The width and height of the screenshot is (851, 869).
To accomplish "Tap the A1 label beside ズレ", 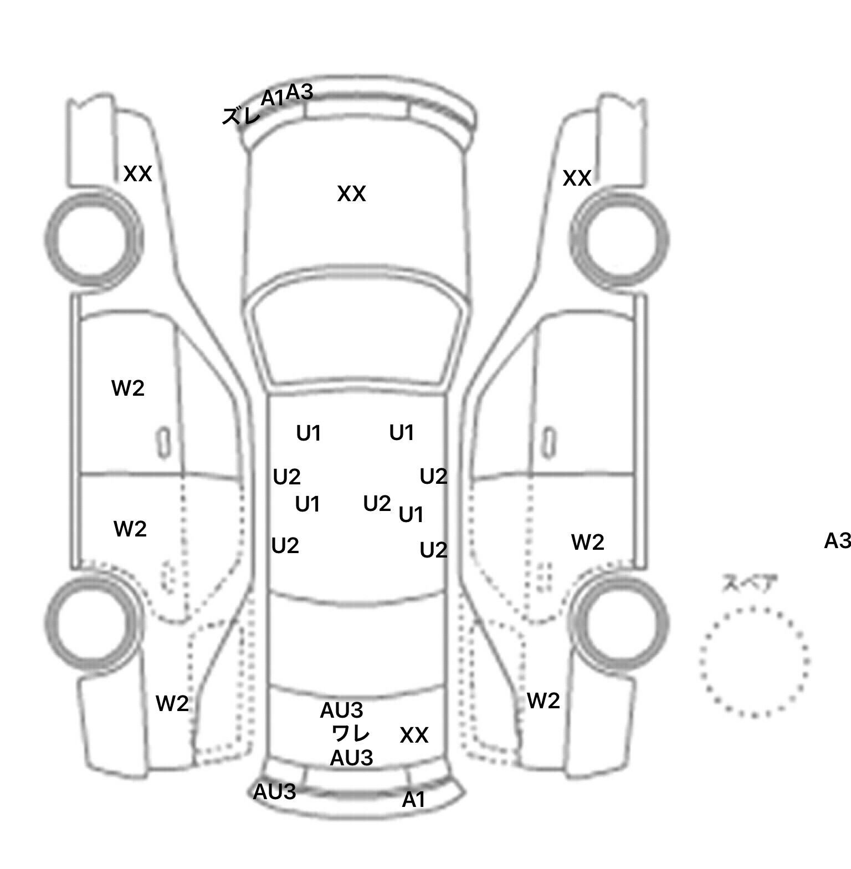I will (x=272, y=98).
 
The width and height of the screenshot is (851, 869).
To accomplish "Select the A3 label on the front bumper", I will (x=300, y=93).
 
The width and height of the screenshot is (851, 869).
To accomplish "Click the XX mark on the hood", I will (x=351, y=194).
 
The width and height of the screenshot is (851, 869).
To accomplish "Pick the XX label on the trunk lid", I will (x=414, y=735).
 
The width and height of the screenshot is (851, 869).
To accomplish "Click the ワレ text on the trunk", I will (x=350, y=734).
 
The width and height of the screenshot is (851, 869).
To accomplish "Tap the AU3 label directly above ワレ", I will (x=341, y=710).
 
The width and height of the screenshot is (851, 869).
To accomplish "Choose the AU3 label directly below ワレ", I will (x=351, y=758).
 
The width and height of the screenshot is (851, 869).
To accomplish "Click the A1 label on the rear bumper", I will (x=413, y=800).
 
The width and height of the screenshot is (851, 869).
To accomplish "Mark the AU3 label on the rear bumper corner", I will (x=274, y=792).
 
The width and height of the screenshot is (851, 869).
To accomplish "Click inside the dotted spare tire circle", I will (x=754, y=661).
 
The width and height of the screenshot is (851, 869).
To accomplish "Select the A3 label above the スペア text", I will (x=837, y=540).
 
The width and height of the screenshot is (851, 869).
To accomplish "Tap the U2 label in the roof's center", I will (x=377, y=503).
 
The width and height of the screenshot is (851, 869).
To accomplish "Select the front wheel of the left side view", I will (x=94, y=239).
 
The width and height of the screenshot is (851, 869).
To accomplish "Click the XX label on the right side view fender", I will (x=577, y=178).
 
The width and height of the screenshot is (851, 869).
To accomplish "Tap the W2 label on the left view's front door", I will (x=128, y=388).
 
